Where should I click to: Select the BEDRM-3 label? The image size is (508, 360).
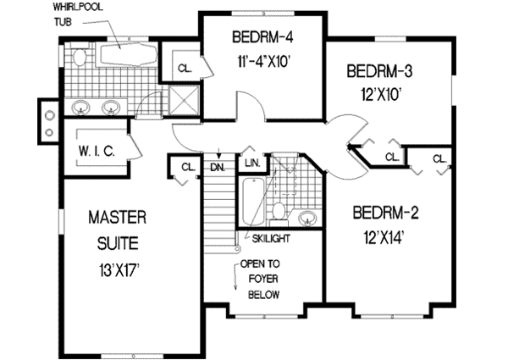[379, 71]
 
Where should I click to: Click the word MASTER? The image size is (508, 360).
[118, 218]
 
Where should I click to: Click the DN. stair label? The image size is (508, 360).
[218, 167]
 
